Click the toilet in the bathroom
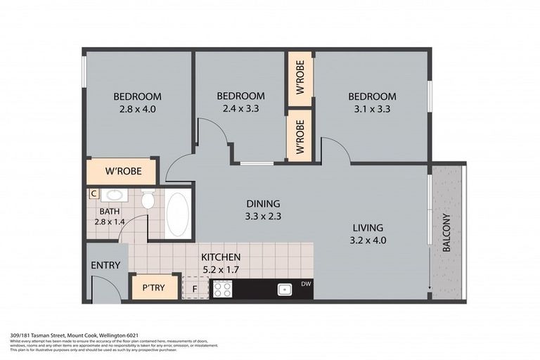coord(148,200)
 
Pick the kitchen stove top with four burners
coord(222,288)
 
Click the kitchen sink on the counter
coord(285,288)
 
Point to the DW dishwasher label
coord(305,283)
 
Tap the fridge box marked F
coord(195,288)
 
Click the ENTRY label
coord(105,265)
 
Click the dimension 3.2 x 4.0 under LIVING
coord(368,240)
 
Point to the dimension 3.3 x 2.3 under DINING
coord(263,216)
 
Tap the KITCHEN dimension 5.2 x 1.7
coord(221,269)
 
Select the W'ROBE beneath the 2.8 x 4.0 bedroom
coord(124,171)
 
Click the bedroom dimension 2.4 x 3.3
coord(240,109)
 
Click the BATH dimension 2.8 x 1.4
coord(110,222)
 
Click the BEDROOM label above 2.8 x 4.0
coord(138,96)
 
